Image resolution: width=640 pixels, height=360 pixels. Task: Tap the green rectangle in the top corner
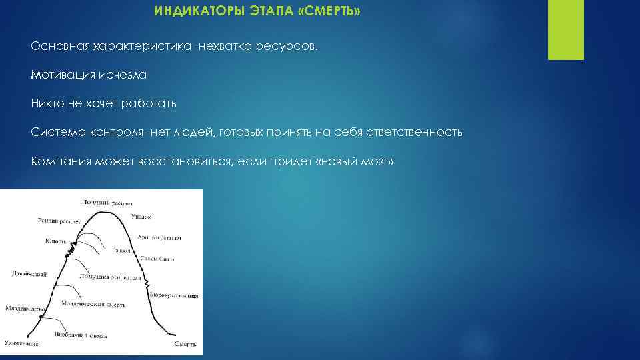coord(565,29)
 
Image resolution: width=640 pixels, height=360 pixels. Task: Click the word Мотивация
coord(63,76)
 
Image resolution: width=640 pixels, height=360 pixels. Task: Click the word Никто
coord(46,104)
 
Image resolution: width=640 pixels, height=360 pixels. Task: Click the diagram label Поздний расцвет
coord(107,202)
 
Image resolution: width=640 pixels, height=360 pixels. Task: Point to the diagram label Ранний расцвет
coord(59,220)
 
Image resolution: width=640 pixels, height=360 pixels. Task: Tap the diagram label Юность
coord(55,241)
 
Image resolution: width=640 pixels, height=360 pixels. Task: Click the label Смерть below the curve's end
coord(185,345)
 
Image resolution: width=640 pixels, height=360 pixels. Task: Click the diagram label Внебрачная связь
coord(81,335)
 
